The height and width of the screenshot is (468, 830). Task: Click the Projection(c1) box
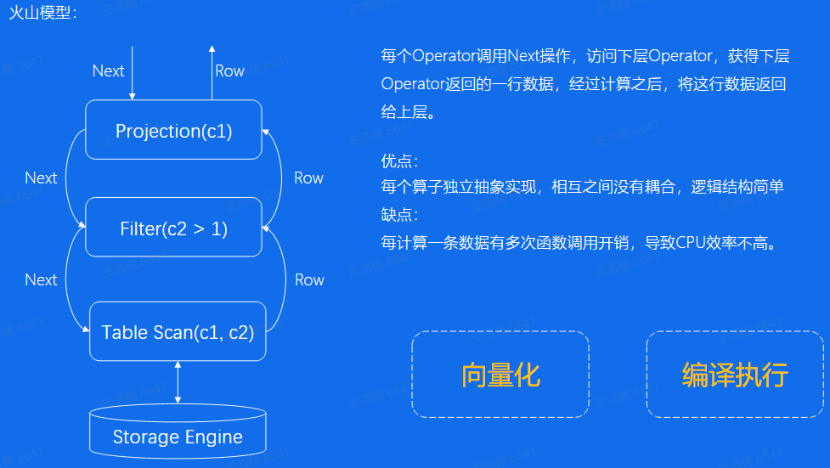(174, 130)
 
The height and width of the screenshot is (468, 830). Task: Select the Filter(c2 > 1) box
(174, 228)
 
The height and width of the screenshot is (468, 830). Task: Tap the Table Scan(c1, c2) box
(178, 332)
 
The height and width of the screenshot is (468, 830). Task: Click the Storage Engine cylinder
(178, 431)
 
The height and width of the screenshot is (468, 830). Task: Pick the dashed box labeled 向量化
(500, 375)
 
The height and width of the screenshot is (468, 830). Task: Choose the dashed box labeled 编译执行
(735, 375)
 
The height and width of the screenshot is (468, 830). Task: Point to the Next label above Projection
(108, 71)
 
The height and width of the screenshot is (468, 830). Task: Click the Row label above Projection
(229, 71)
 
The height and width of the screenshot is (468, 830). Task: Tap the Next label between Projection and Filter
(41, 178)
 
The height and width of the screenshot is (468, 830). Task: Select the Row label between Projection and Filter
(308, 178)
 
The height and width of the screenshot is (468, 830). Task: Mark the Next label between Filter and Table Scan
(41, 280)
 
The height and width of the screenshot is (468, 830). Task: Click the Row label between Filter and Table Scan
(309, 280)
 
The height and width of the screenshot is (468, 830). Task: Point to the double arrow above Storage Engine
(178, 381)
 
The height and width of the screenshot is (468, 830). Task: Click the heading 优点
(399, 161)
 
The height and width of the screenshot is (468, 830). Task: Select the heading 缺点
(399, 215)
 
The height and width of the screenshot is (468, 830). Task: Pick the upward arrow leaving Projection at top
(212, 72)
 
